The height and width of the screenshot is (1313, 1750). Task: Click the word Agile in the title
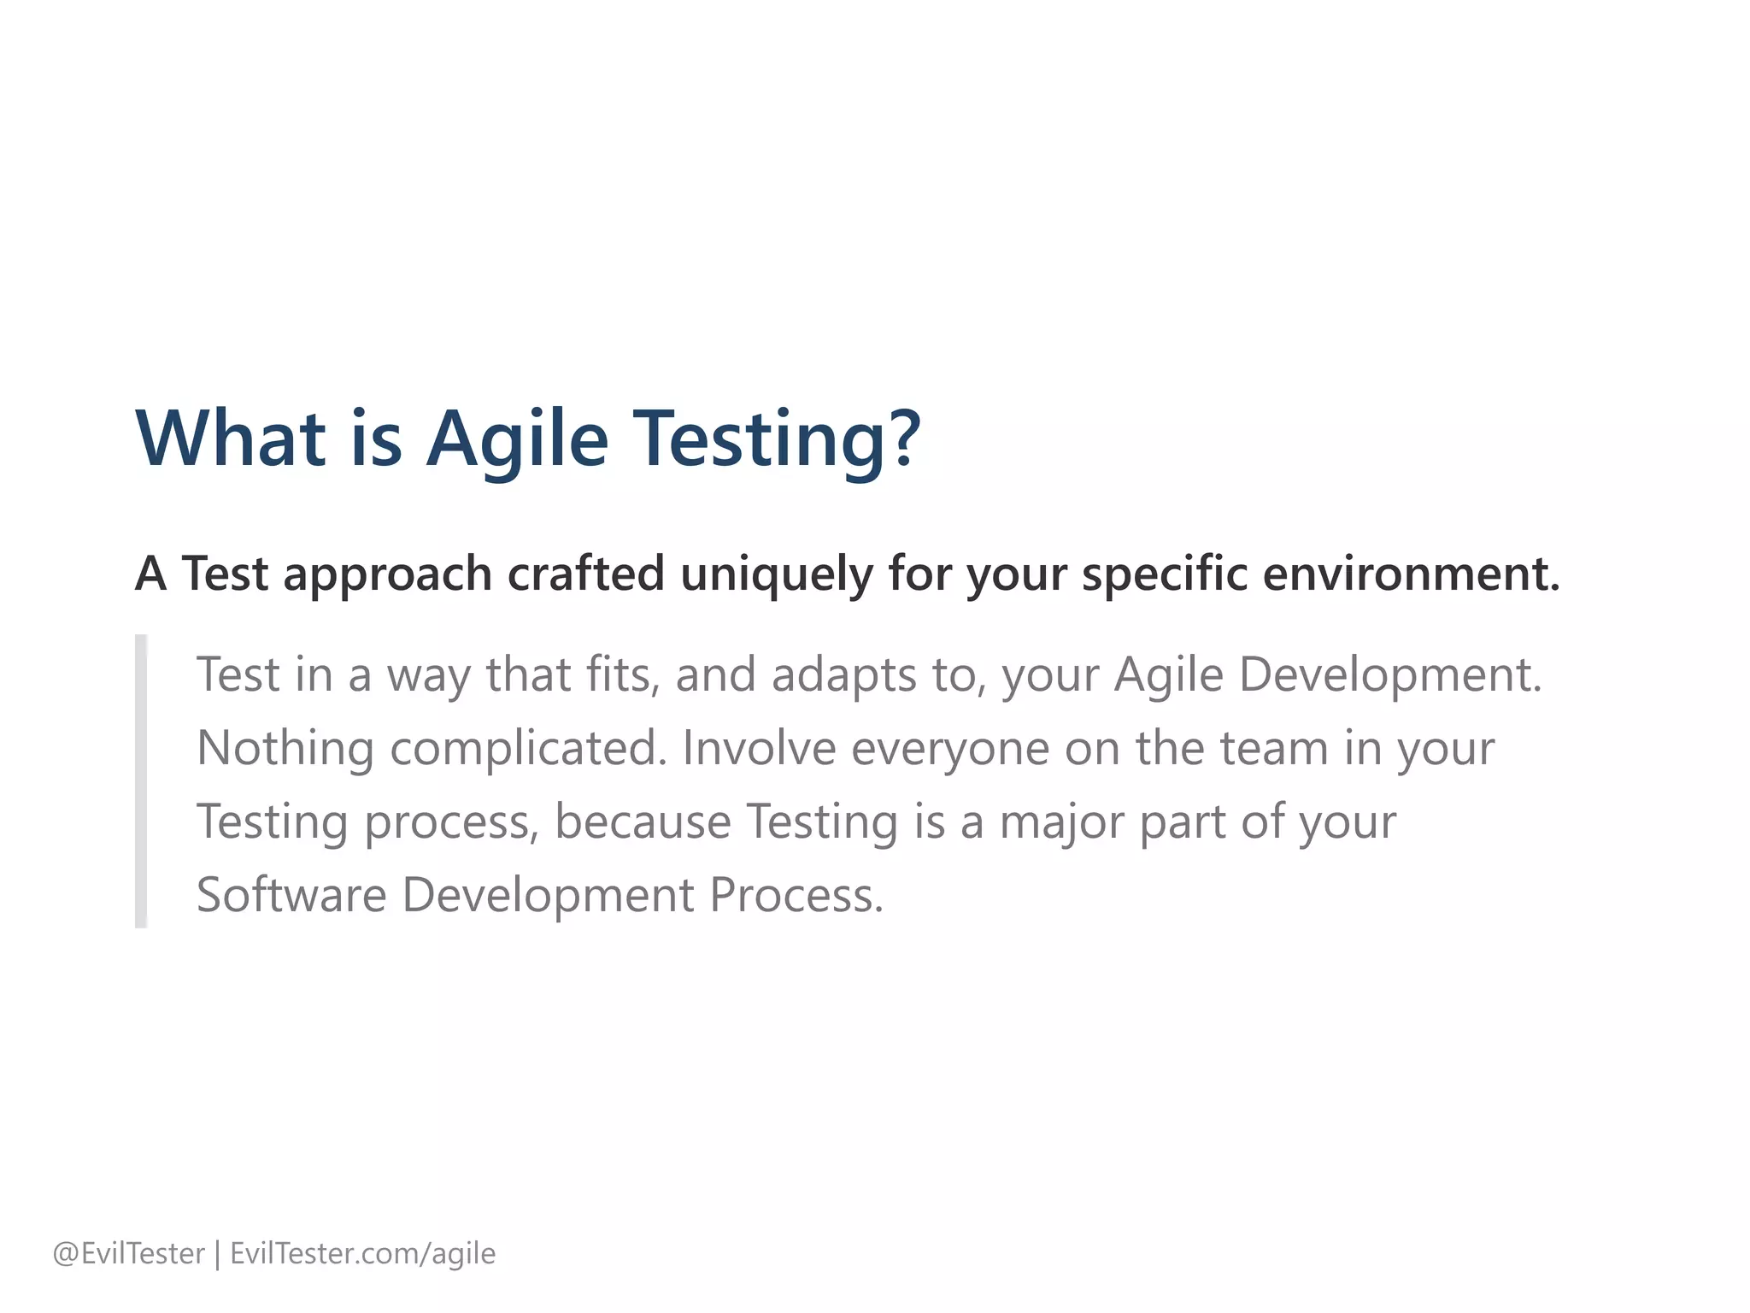point(517,439)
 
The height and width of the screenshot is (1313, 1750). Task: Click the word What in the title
point(231,439)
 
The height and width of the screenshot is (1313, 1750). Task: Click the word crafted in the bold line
point(585,574)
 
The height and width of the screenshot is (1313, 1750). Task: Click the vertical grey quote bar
point(141,781)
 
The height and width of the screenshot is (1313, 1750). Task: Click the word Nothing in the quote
point(285,749)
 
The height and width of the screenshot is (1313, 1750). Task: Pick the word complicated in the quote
point(527,749)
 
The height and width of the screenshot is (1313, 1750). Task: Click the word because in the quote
point(643,822)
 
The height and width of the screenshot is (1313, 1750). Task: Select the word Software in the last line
point(291,895)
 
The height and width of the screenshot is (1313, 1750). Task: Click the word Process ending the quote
point(796,895)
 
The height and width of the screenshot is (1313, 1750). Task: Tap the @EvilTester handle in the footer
point(128,1254)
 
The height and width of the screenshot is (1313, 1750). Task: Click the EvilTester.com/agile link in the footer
point(362,1254)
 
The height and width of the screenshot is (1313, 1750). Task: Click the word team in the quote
point(1274,749)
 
